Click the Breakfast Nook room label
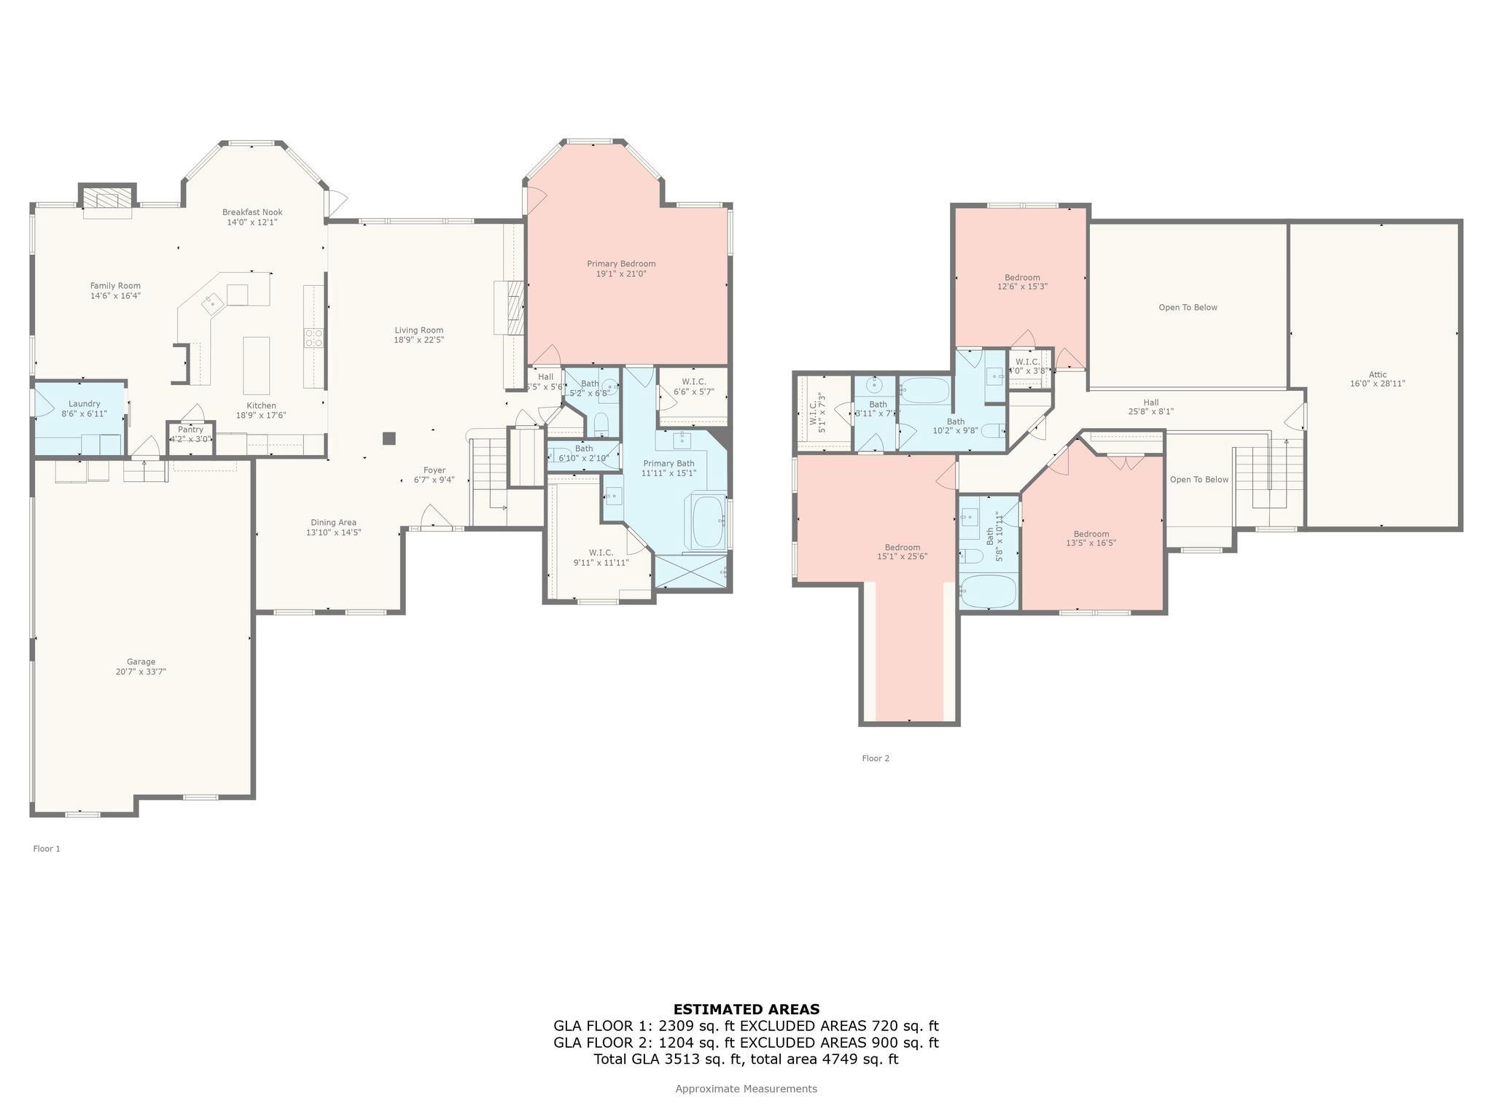(x=252, y=212)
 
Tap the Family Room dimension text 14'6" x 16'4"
(x=115, y=296)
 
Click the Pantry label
(x=190, y=429)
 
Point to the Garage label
(x=141, y=662)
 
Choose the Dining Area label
(x=333, y=522)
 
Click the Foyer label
(x=434, y=470)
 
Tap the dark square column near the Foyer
(x=389, y=438)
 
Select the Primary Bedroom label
(x=621, y=264)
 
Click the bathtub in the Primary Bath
(x=708, y=521)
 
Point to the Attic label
(x=1377, y=375)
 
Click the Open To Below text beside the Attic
(x=1188, y=308)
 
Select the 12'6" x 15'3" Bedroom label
(x=1022, y=278)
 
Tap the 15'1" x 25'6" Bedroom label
(x=902, y=548)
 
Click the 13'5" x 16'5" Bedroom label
(x=1091, y=534)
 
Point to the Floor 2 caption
(x=876, y=758)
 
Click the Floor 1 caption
(x=47, y=849)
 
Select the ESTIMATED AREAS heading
(x=746, y=1010)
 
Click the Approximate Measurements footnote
(x=746, y=1089)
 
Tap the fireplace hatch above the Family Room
(x=107, y=200)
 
